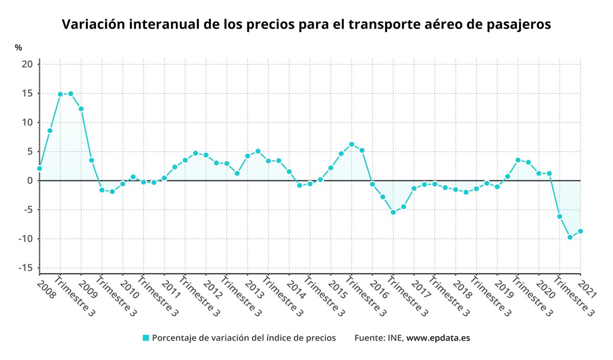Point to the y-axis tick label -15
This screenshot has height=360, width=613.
pyautogui.click(x=26, y=268)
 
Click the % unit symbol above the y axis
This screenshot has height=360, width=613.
pyautogui.click(x=18, y=47)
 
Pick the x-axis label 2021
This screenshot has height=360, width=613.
pyautogui.click(x=588, y=287)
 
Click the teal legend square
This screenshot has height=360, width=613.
pyautogui.click(x=146, y=338)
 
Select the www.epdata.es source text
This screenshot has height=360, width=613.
pyautogui.click(x=438, y=338)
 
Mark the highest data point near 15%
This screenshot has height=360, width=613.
pyautogui.click(x=70, y=93)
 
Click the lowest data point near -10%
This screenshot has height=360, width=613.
pyautogui.click(x=570, y=237)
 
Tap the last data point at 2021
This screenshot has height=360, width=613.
pyautogui.click(x=580, y=231)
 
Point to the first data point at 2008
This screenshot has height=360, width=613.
pyautogui.click(x=39, y=169)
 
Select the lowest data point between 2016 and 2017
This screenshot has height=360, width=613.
pyautogui.click(x=393, y=212)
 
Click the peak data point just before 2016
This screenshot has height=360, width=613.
pyautogui.click(x=351, y=144)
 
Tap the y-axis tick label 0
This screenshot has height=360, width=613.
pyautogui.click(x=30, y=181)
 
